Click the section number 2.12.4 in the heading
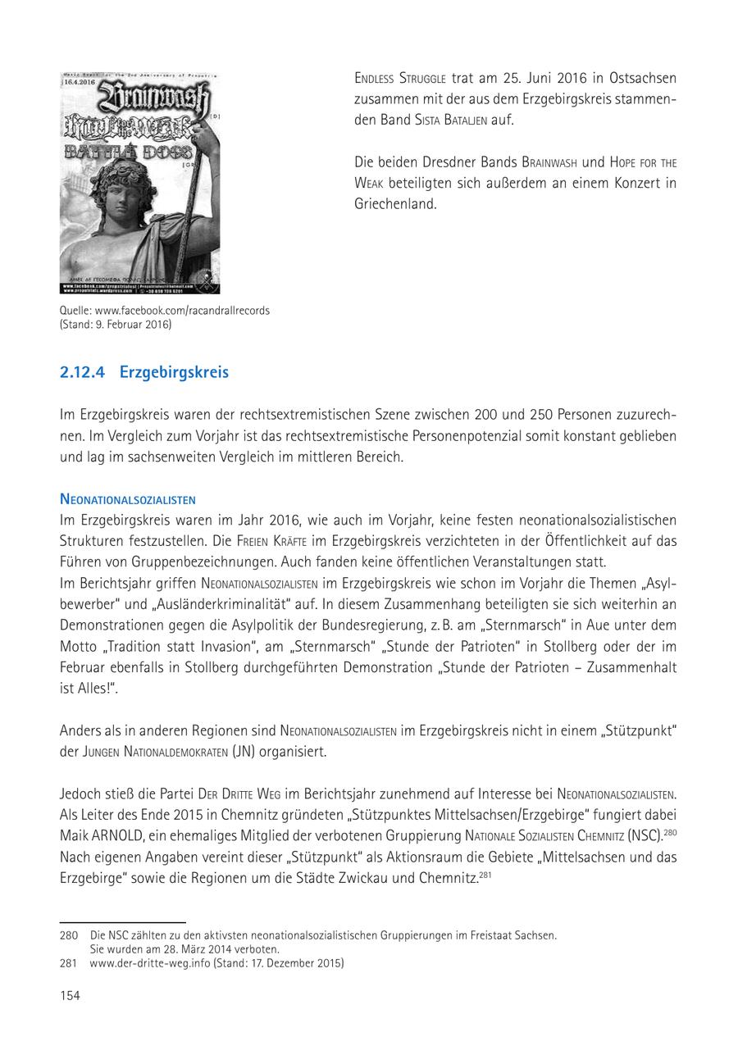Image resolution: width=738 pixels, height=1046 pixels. [83, 372]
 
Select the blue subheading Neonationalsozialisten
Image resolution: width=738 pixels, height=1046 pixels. [127, 499]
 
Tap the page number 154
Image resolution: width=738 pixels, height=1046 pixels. [70, 995]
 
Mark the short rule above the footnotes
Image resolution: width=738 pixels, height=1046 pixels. [123, 922]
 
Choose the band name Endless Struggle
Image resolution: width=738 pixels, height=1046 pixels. [400, 79]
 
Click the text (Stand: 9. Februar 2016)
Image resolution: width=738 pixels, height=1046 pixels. [116, 325]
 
